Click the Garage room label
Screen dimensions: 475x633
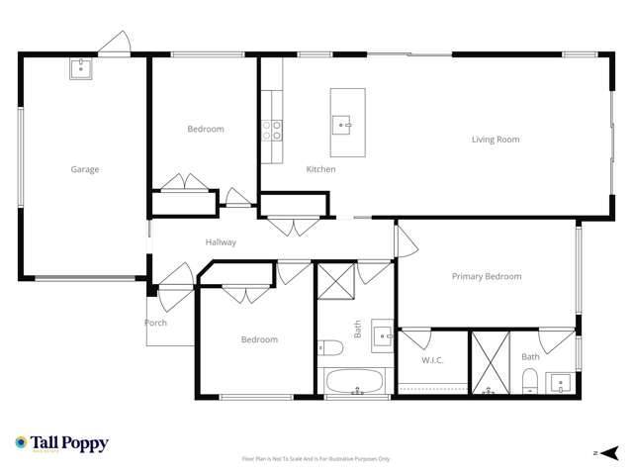click(84, 169)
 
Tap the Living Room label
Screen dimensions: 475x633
click(495, 140)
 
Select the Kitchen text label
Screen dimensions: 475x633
click(320, 169)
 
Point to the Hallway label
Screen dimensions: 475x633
click(221, 242)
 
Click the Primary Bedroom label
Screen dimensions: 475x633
click(487, 276)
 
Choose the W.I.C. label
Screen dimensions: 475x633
click(432, 360)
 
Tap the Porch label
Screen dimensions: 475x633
click(155, 323)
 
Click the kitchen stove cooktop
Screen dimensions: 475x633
click(272, 131)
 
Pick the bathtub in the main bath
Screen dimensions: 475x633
click(355, 382)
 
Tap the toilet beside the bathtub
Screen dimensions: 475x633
click(330, 347)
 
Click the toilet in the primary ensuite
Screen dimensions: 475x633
click(529, 381)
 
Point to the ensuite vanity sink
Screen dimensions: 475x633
click(561, 382)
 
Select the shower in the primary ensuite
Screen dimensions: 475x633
click(489, 363)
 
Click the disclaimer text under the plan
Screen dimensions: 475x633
click(316, 459)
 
